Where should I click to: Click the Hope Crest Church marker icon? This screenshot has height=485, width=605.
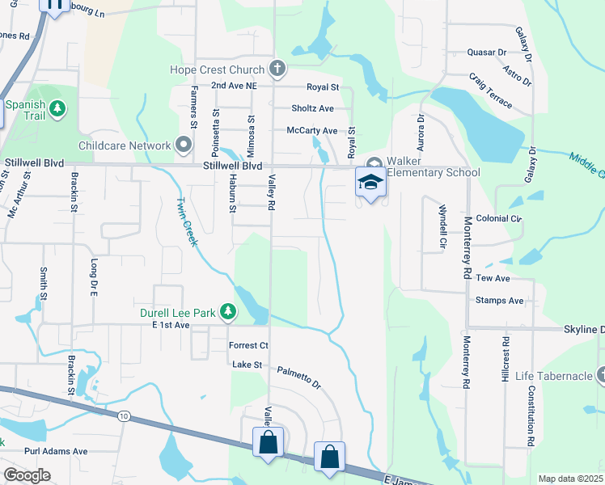click(277, 69)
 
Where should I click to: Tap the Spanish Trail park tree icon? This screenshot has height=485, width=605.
click(57, 108)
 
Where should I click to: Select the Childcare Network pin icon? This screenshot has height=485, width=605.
click(184, 145)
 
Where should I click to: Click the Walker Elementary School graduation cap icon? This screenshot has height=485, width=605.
click(370, 182)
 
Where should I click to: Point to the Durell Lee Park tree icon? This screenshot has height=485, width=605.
click(229, 310)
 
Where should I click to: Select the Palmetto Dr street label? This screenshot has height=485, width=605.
click(298, 375)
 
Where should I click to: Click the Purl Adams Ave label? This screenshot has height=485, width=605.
click(56, 451)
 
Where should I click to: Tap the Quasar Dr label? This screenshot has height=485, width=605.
click(486, 53)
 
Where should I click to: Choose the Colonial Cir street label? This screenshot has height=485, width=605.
click(499, 218)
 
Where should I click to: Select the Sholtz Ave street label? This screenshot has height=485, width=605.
click(312, 108)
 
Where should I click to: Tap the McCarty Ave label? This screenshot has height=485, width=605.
click(311, 130)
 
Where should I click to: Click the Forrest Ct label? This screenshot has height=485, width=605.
click(248, 345)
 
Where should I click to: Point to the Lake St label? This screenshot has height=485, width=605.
click(247, 365)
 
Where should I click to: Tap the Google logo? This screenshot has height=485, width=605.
click(27, 475)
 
